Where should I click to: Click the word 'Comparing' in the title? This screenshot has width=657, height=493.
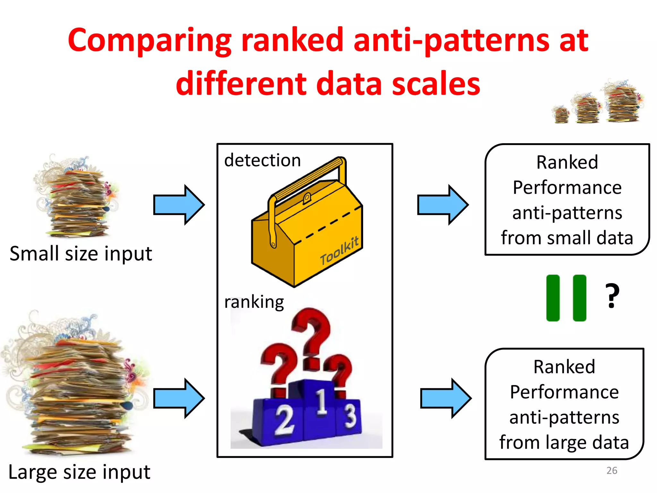pos(149,41)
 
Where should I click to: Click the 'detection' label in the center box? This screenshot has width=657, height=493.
pos(262,160)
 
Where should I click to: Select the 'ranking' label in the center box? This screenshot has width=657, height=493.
pos(254,302)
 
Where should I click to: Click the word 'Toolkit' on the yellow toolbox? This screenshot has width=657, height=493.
pos(339,251)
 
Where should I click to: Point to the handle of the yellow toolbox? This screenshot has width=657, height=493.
pos(308,177)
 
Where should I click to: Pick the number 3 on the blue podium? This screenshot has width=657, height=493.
pos(350,416)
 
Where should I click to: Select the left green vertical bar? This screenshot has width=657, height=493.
pos(553,298)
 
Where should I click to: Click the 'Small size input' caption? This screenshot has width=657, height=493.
pos(81,254)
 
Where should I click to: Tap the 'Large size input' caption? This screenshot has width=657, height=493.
pos(79,472)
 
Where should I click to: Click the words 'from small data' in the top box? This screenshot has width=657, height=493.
pos(567,238)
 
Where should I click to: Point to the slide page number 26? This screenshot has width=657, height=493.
pos(611,471)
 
